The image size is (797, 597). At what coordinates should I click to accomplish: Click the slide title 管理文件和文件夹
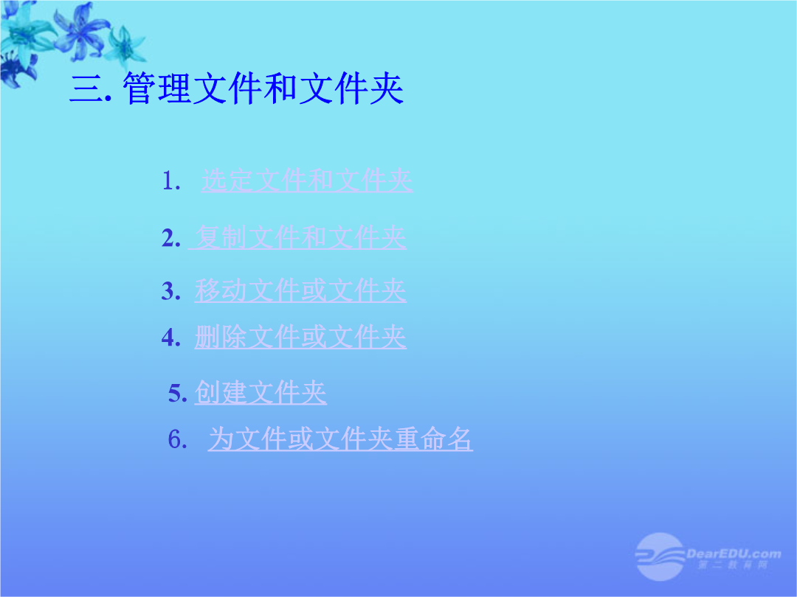[x=263, y=89]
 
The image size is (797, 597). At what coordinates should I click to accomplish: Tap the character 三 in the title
[x=86, y=89]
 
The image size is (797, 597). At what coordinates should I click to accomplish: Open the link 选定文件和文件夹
[x=307, y=181]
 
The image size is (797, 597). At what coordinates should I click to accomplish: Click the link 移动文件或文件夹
[x=300, y=291]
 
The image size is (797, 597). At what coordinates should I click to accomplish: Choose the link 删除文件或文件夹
[x=300, y=337]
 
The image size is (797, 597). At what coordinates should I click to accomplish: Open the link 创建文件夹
[x=261, y=393]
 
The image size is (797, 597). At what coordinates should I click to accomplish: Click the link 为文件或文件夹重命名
[x=340, y=439]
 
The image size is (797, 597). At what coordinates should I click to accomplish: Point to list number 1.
[x=171, y=181]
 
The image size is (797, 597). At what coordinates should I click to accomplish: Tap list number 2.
[x=171, y=238]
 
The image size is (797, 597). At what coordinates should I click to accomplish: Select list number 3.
[x=171, y=291]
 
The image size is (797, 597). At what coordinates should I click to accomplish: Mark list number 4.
[x=171, y=338]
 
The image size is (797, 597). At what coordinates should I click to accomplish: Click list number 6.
[x=178, y=439]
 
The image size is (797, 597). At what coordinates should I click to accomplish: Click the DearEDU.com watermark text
[x=734, y=554]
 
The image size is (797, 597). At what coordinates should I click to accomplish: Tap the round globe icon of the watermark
[x=660, y=556]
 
